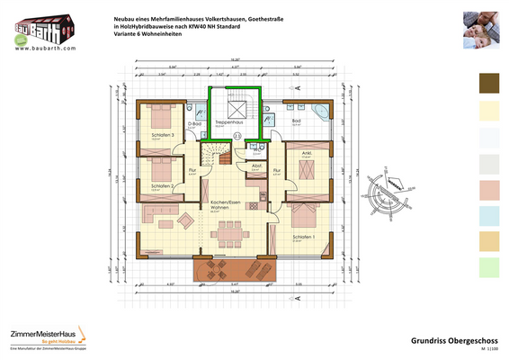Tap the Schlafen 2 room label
click(x=161, y=185)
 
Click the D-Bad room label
click(x=206, y=123)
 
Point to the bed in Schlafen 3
click(x=155, y=114)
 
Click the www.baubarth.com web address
click(x=40, y=49)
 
